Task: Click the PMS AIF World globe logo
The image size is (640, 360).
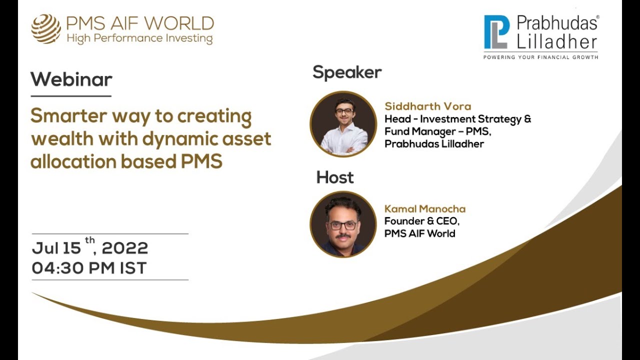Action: (x=46, y=28)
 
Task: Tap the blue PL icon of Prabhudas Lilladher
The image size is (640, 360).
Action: (x=496, y=32)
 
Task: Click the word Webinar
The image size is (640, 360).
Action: (x=71, y=79)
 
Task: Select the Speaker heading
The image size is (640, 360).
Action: (x=347, y=72)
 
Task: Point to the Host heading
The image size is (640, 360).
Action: (x=334, y=177)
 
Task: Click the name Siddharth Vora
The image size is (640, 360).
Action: (x=427, y=106)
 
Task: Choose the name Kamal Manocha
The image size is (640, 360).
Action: (x=424, y=209)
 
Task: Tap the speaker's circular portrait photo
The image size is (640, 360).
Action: (x=343, y=124)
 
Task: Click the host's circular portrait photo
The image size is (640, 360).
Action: (x=343, y=224)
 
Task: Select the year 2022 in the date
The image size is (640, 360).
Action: (x=125, y=248)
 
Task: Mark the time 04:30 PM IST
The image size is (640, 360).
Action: (x=89, y=268)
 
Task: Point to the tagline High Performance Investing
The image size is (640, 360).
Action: (x=139, y=38)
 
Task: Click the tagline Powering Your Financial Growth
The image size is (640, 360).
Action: (x=540, y=57)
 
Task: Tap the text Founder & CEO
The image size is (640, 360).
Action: (x=421, y=221)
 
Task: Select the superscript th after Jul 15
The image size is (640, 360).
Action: (x=90, y=240)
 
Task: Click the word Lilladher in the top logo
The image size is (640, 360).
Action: (x=557, y=41)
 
